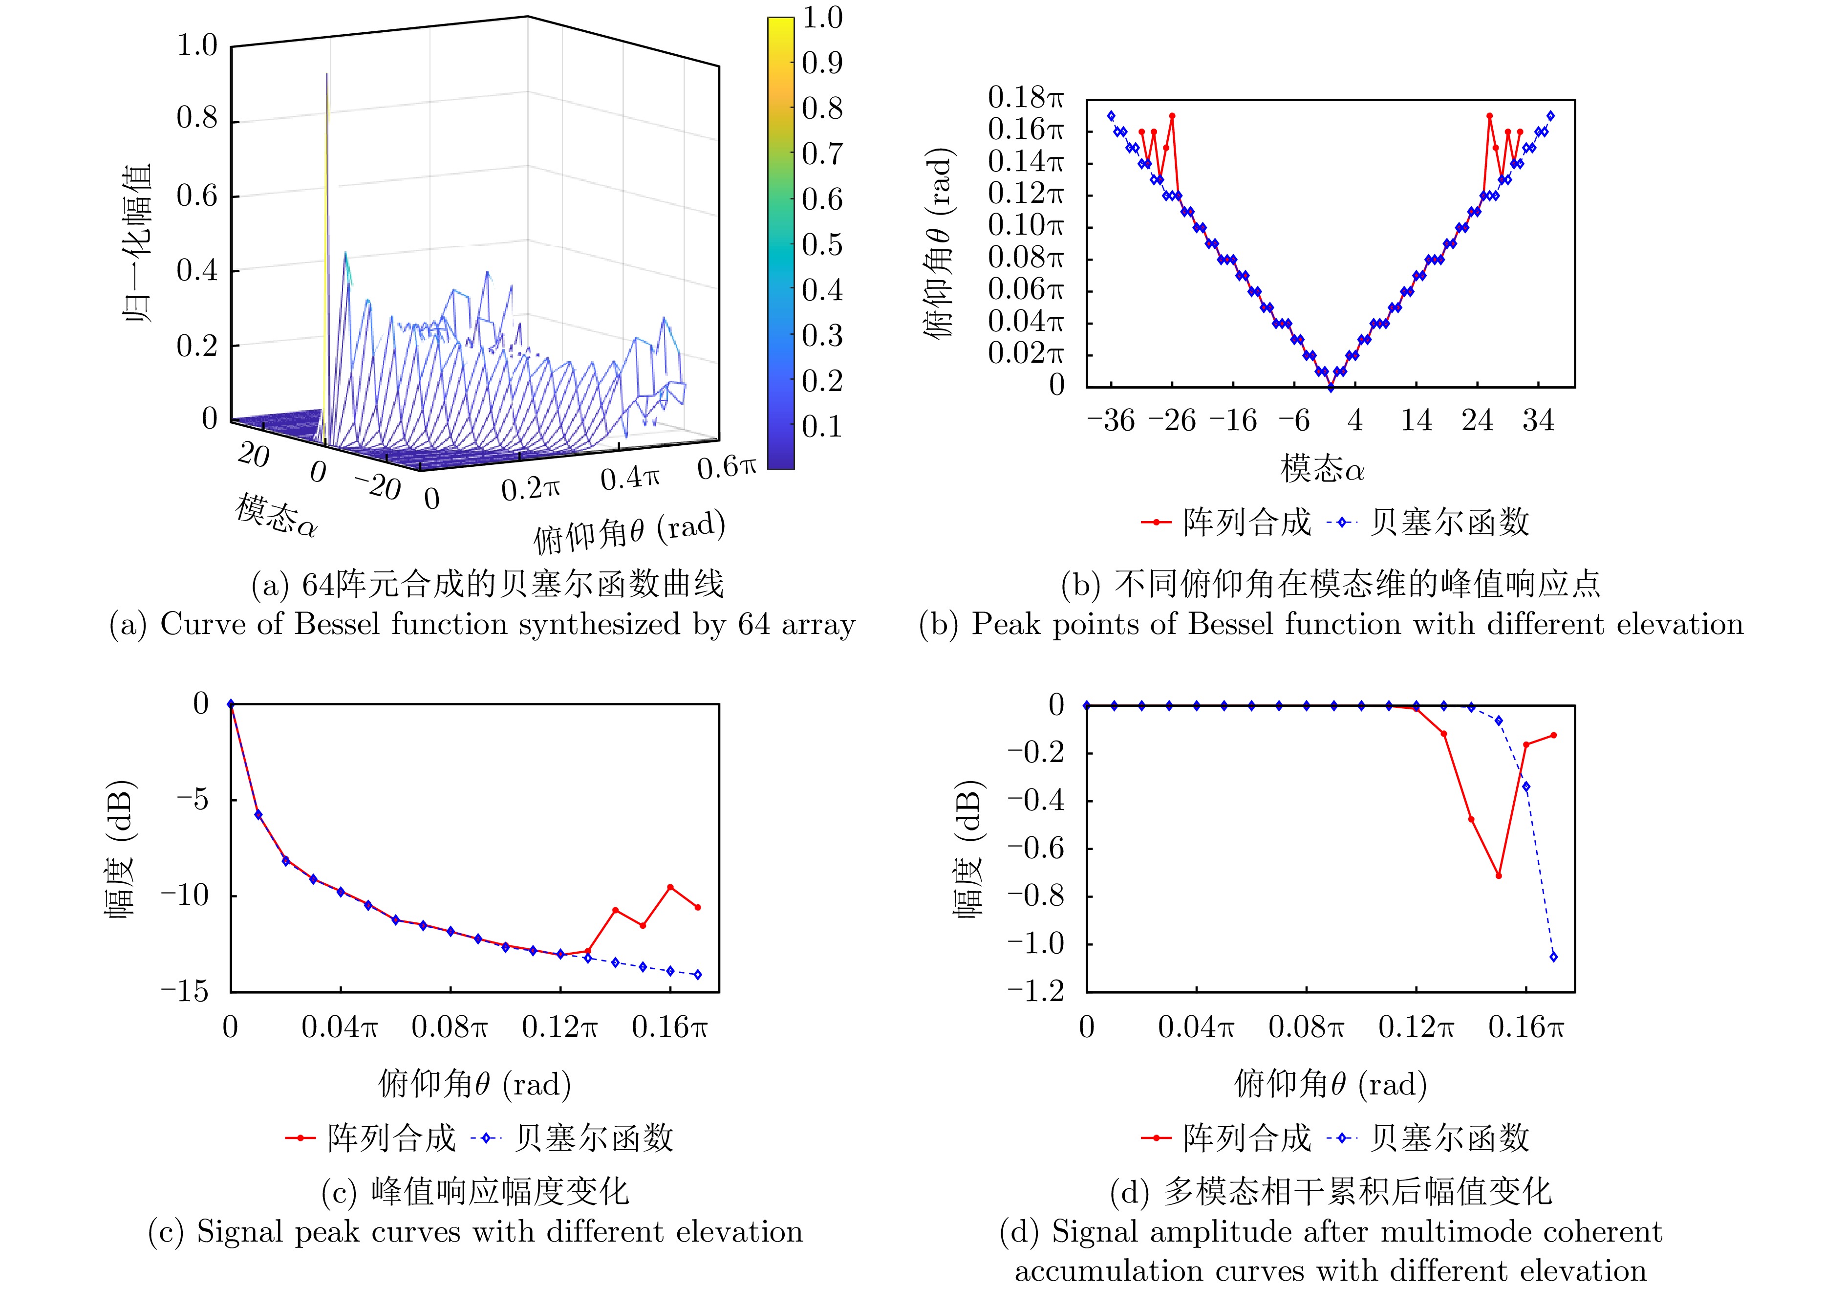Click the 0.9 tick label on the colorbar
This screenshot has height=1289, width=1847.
click(822, 63)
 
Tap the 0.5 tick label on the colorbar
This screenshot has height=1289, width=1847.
click(822, 244)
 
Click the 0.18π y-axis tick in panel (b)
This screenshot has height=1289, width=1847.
click(1026, 98)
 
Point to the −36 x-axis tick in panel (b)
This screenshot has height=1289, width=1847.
click(1111, 420)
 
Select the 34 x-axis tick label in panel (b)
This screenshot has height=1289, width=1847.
click(1538, 420)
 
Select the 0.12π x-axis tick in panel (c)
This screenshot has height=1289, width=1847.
click(560, 1027)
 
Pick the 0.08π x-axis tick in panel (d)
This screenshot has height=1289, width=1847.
click(1307, 1027)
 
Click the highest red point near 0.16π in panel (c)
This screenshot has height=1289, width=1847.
click(670, 888)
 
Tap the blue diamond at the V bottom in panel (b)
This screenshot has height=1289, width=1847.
click(1331, 388)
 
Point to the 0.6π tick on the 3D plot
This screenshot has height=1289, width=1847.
click(727, 467)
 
